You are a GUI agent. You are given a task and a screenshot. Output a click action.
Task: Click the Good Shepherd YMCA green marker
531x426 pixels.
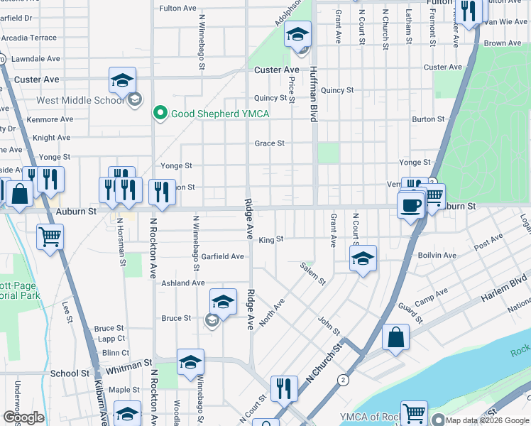160,113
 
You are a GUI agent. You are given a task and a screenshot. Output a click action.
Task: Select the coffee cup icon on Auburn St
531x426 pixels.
411,207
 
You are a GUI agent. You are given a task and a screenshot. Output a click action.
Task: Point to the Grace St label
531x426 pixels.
270,143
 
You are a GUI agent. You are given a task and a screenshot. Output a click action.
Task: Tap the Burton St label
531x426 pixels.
428,119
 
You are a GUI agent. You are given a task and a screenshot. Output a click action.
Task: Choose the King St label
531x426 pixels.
270,239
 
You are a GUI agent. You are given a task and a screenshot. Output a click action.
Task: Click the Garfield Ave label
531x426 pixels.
221,256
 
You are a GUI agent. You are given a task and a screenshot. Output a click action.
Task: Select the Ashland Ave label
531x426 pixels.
183,283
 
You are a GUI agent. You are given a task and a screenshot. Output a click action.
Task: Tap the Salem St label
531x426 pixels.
312,273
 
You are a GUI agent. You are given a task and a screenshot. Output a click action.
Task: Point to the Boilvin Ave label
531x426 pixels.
438,255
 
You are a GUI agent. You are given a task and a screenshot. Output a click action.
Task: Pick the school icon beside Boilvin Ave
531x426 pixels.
363,259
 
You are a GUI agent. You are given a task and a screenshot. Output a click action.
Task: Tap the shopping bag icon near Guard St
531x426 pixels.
395,338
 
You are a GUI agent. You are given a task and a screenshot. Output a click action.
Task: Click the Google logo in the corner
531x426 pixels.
23,417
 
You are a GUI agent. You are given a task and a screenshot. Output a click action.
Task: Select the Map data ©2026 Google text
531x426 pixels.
487,420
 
